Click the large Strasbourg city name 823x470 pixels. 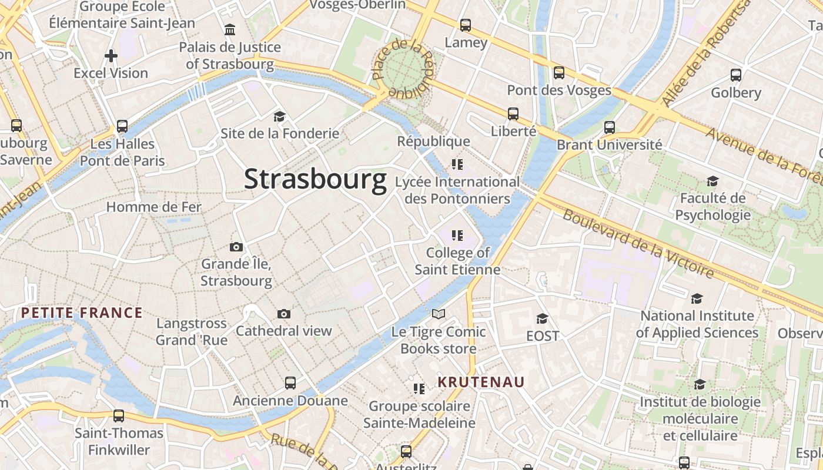(315, 179)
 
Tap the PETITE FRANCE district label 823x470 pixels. (82, 313)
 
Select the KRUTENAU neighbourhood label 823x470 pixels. (481, 382)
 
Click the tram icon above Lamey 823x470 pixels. (466, 25)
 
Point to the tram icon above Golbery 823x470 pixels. (736, 75)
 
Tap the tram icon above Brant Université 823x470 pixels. (610, 127)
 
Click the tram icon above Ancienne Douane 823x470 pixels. (290, 383)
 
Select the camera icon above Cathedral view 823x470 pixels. (284, 314)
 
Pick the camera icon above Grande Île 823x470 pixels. (236, 247)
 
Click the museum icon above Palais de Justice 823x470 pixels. (230, 29)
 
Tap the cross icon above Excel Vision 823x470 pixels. (111, 56)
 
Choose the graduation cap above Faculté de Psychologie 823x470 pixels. (712, 181)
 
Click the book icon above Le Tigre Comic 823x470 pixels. (439, 314)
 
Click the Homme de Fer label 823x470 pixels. (153, 207)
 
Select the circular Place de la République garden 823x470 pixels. (404, 69)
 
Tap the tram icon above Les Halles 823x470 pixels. (122, 126)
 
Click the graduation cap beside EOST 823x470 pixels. (542, 318)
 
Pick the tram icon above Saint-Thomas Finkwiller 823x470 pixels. (119, 416)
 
